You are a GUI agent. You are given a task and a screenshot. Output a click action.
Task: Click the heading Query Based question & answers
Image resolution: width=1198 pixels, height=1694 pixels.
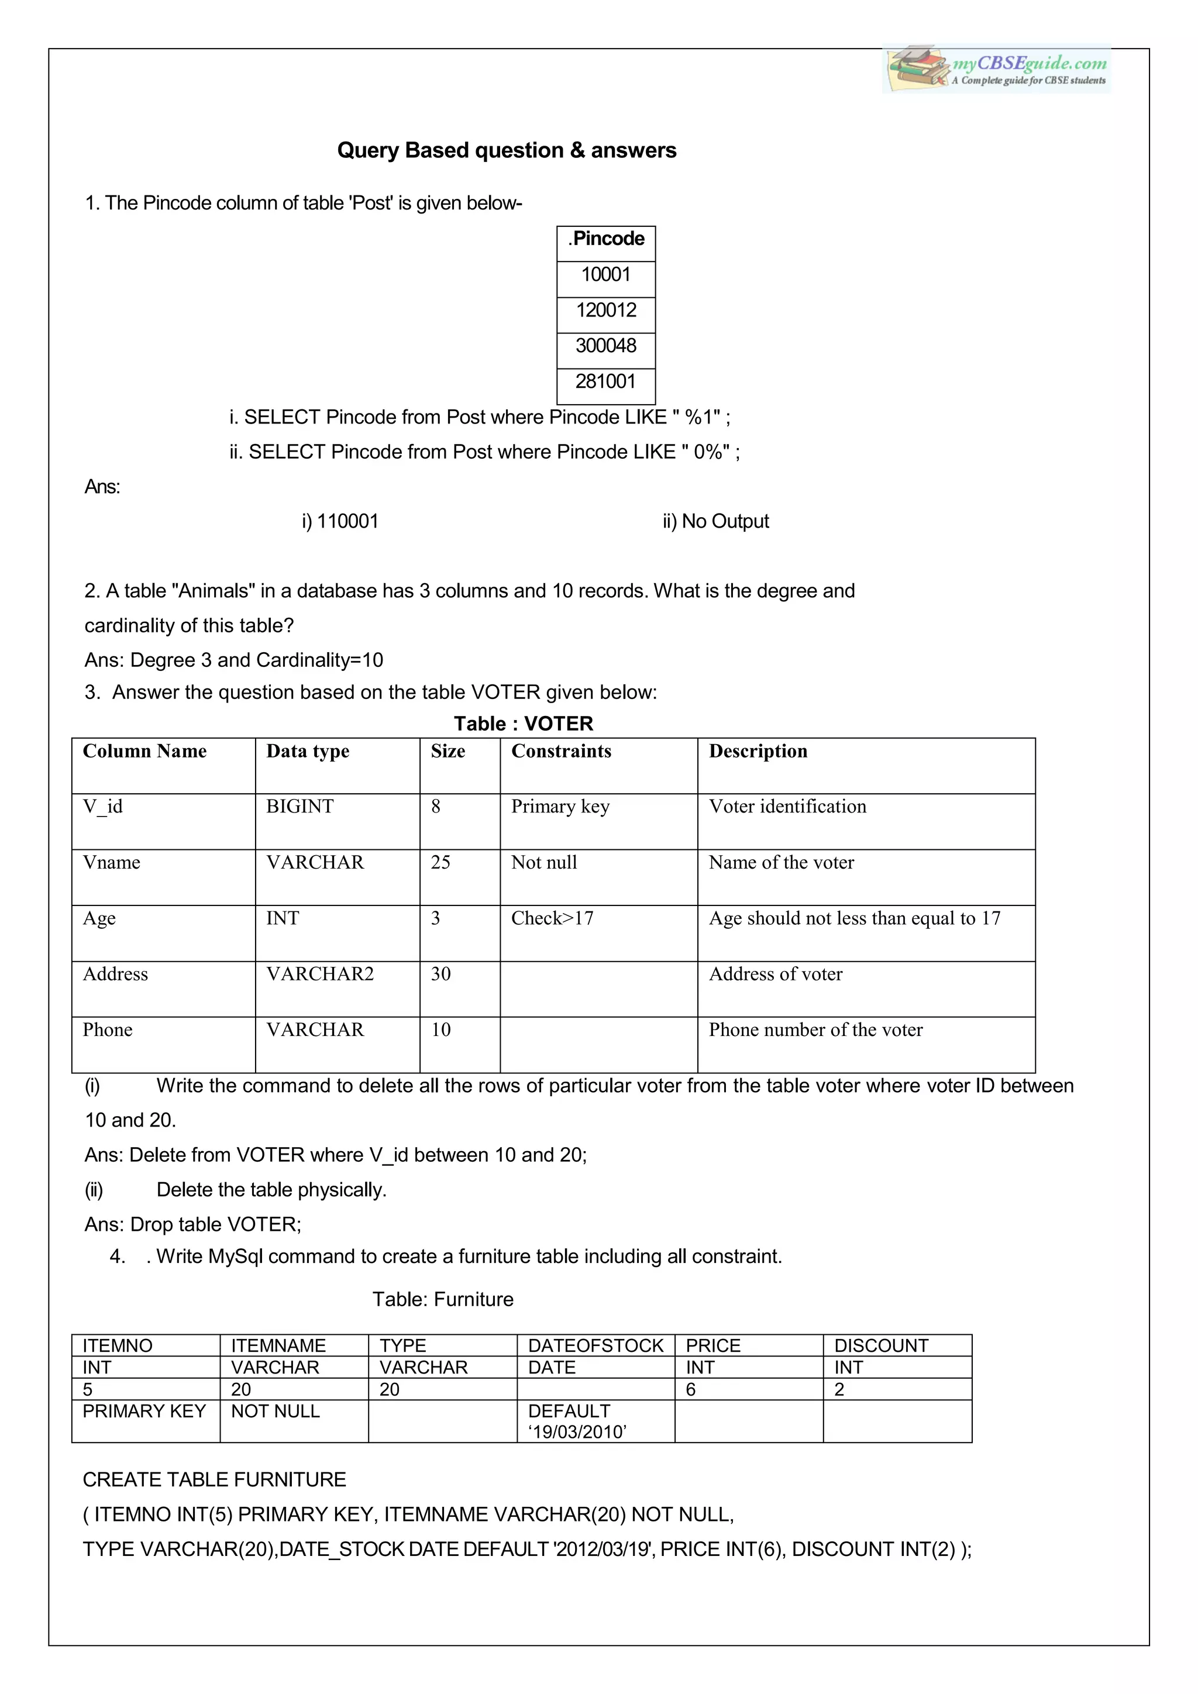[x=506, y=150]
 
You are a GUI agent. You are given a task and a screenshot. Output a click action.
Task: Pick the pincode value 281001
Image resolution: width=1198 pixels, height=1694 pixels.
[x=605, y=381]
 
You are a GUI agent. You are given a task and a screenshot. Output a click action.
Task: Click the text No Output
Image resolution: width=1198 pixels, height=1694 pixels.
[x=725, y=522]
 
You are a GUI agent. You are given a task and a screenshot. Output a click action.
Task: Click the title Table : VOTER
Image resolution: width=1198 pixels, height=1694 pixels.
[x=523, y=724]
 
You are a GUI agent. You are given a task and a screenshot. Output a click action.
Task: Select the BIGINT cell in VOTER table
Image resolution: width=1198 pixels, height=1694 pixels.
[x=299, y=807]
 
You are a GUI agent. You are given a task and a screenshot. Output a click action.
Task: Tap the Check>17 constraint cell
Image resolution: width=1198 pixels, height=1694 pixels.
[x=553, y=918]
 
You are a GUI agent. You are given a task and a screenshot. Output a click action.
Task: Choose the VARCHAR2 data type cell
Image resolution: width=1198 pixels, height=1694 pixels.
[x=319, y=974]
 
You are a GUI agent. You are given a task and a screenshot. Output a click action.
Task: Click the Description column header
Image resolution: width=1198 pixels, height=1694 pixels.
[x=758, y=751]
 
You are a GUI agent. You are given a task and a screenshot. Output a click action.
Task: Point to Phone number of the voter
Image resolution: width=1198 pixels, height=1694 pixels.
[x=815, y=1030]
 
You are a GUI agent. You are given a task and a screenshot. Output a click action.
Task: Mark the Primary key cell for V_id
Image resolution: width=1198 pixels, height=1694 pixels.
[x=560, y=807]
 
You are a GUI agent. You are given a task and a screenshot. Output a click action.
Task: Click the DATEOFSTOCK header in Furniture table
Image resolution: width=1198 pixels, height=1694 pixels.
[x=595, y=1346]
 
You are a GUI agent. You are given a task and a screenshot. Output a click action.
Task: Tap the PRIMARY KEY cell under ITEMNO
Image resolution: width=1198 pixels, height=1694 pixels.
[x=144, y=1411]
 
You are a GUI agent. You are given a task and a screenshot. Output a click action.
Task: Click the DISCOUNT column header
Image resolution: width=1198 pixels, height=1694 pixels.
[x=881, y=1346]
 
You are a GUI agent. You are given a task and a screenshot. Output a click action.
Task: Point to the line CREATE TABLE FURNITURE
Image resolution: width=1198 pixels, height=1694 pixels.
[x=215, y=1480]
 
